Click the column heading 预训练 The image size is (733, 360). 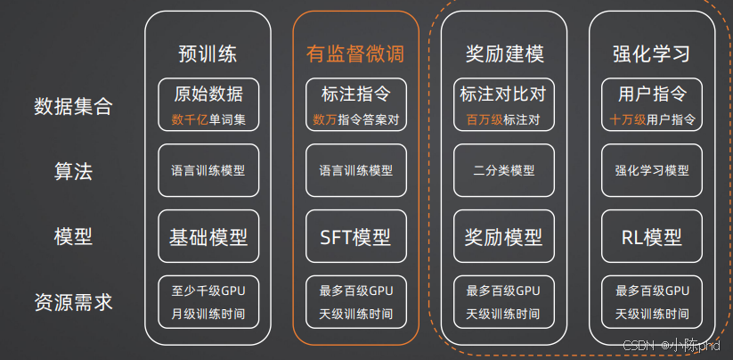coord(208,53)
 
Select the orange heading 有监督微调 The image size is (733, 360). coord(355,53)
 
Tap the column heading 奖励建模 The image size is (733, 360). coord(504,53)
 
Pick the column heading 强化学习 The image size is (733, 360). coord(652,53)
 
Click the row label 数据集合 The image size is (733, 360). coord(74,107)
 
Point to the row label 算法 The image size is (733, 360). coord(74,172)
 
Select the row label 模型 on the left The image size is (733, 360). coord(74,236)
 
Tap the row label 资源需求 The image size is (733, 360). coord(74,302)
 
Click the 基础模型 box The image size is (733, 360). coord(208,237)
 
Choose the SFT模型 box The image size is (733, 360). coord(355,237)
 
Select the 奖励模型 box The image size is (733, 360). coord(504,237)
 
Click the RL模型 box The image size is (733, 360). coord(652,237)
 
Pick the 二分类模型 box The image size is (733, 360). coord(504,170)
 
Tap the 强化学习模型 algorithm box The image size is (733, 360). coord(652,170)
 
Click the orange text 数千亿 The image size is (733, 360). coord(190,119)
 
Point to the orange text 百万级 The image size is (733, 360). coord(485,119)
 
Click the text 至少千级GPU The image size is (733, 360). coord(208,290)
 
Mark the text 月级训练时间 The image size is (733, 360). coord(208,314)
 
